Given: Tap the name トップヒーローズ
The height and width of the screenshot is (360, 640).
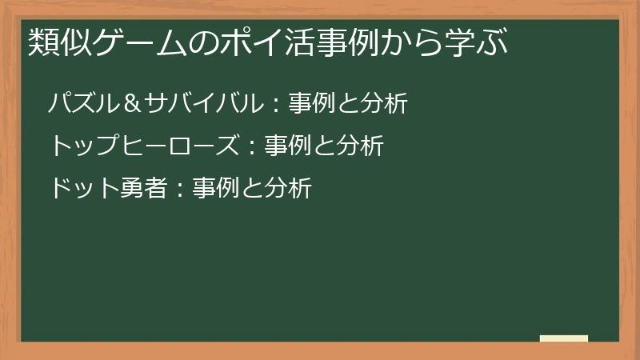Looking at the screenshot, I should tap(143, 146).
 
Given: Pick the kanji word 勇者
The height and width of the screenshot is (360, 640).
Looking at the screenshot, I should tap(144, 188).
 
